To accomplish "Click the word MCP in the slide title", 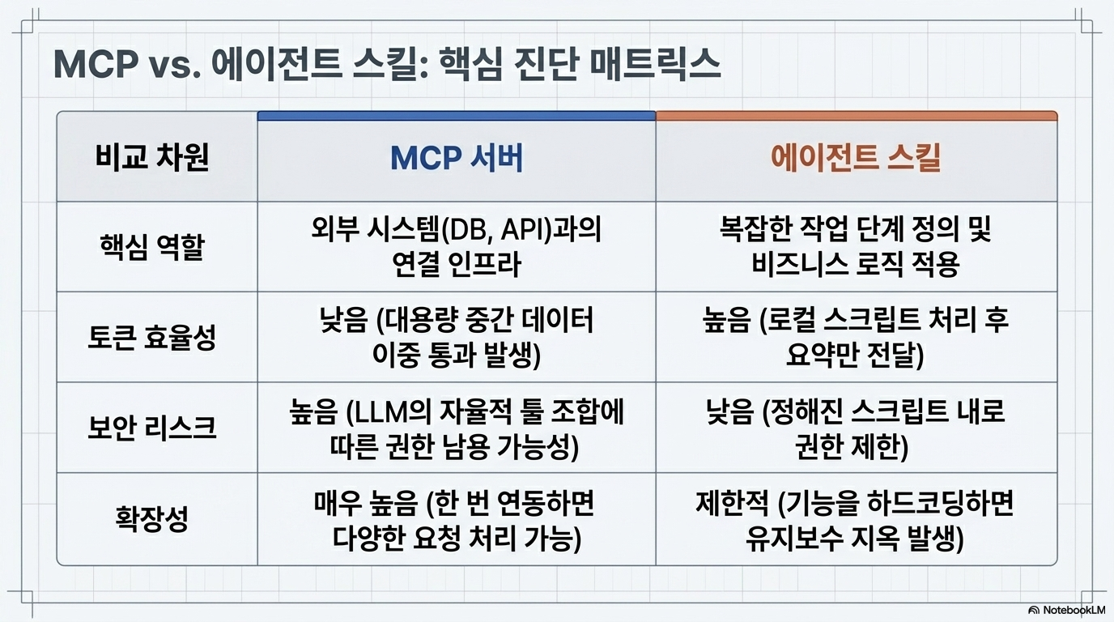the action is click(x=96, y=65).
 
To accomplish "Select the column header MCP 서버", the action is click(x=457, y=159).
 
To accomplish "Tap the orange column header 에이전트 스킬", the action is click(x=856, y=159).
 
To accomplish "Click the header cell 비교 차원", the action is click(x=151, y=158).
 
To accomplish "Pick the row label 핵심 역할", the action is click(x=151, y=247).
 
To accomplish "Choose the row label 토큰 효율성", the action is click(x=151, y=338).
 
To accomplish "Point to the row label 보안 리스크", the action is click(x=151, y=428).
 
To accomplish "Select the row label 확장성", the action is click(x=151, y=519).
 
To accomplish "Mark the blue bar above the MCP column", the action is click(x=457, y=116).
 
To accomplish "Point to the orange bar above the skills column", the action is click(x=857, y=116).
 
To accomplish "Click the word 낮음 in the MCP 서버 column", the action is click(x=343, y=321).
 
